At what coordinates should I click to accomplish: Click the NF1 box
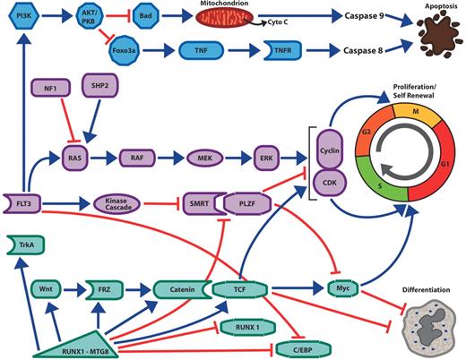(49, 89)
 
